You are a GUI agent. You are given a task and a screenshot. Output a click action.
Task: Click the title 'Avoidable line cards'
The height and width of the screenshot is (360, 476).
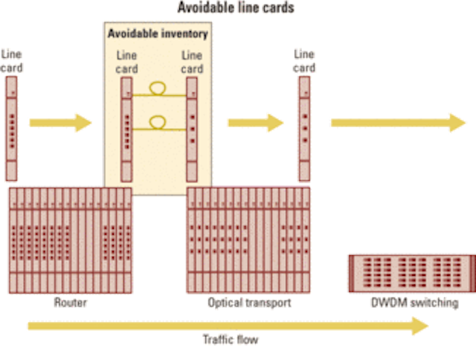[x=236, y=7]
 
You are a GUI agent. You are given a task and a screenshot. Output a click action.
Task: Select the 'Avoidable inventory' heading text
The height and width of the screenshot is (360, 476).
[x=158, y=33]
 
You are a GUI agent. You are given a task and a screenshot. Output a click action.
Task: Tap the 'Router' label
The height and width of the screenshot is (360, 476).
[x=71, y=302]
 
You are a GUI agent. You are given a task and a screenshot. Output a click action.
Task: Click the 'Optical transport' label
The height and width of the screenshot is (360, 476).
[x=249, y=303]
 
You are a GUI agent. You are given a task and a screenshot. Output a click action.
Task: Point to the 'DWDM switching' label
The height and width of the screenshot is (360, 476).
[x=415, y=303]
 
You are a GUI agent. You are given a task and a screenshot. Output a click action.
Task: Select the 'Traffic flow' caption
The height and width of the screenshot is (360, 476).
[x=231, y=339]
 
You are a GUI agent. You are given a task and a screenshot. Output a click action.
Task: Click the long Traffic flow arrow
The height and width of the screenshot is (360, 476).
[x=228, y=326]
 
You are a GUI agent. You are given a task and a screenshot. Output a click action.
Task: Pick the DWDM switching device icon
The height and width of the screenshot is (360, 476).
[x=412, y=274]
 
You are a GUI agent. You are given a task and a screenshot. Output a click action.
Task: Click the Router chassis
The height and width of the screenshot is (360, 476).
[x=71, y=240]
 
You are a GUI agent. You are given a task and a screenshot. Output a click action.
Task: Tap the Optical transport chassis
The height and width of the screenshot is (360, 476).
[x=248, y=240]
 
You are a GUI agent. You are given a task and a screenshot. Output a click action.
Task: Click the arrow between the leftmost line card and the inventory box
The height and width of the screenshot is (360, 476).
[x=60, y=123]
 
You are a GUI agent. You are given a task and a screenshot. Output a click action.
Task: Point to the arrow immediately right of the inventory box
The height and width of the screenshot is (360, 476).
[x=256, y=123]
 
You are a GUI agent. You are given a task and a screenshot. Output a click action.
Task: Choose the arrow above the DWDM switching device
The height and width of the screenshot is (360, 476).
[x=399, y=123]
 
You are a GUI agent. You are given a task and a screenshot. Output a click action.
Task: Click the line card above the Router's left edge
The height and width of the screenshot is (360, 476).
[x=12, y=129]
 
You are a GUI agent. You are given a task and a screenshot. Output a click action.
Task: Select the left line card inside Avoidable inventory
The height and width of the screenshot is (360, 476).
[x=126, y=129]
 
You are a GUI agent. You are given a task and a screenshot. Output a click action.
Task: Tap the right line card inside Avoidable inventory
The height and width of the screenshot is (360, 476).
[x=192, y=129]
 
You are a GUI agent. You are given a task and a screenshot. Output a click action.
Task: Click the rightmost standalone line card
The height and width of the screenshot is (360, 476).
[x=304, y=129]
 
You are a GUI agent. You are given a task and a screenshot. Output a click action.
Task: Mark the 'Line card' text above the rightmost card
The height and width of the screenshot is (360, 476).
[x=304, y=61]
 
